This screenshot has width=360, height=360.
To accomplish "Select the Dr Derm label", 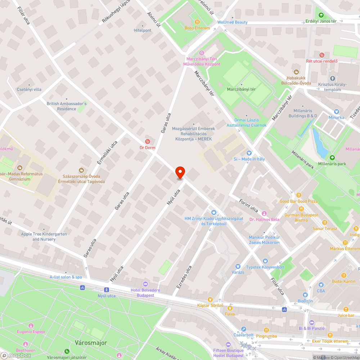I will tap(147, 148).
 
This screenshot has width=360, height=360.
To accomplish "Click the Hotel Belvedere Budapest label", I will tap(145, 293).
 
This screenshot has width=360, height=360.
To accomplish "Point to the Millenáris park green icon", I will tap(332, 158).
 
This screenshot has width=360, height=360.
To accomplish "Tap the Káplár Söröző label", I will tap(211, 306).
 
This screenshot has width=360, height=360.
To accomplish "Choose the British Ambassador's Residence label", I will tap(67, 106).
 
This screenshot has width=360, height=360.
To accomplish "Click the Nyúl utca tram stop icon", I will tap(107, 290).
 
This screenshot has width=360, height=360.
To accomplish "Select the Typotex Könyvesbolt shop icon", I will tap(265, 261).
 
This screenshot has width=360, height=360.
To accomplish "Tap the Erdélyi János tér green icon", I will tap(320, 15).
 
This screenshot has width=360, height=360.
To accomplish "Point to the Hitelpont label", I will tap(143, 31).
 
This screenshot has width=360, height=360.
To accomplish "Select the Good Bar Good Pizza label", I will tap(298, 201).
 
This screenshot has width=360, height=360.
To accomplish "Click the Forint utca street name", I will tap(249, 204).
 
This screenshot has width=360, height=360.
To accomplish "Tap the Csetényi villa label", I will tap(29, 89).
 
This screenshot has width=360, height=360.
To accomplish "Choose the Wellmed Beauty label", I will tap(232, 22).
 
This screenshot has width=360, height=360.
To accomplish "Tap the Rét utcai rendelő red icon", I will tap(322, 55).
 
